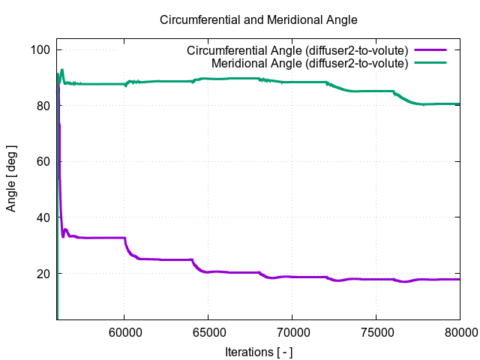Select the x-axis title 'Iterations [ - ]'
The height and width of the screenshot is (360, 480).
[x=259, y=351]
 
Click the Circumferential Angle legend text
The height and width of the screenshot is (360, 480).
[x=297, y=50]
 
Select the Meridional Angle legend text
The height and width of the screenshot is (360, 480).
[x=310, y=63]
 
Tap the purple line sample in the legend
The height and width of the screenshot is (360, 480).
[x=430, y=50]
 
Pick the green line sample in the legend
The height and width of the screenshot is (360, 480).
[x=430, y=63]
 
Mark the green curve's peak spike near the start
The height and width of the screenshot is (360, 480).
[x=62, y=70]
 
